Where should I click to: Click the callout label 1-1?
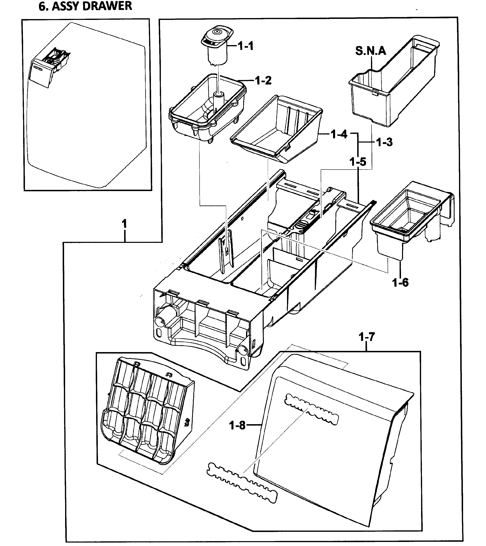(245, 46)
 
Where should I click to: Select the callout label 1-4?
(339, 134)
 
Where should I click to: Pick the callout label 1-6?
(400, 282)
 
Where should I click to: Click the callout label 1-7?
(367, 337)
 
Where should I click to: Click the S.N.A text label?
(371, 51)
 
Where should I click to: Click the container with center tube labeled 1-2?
(207, 107)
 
